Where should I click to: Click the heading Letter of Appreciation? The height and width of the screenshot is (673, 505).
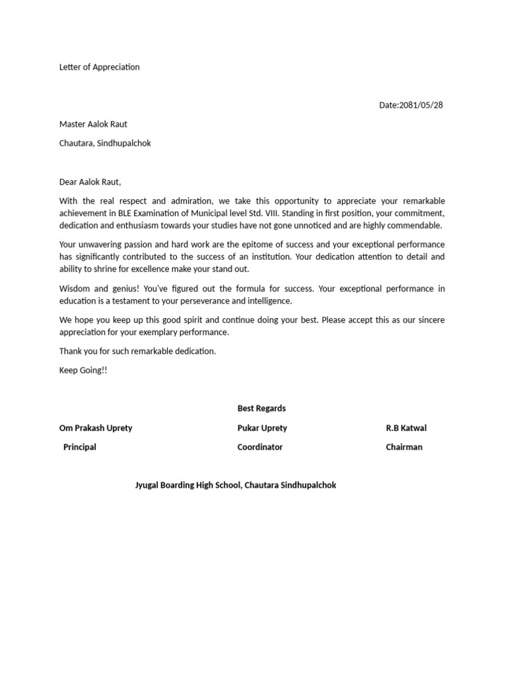pos(99,67)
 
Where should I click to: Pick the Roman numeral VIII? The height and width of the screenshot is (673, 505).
pos(268,213)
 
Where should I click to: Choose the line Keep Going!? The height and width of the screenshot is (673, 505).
pos(83,370)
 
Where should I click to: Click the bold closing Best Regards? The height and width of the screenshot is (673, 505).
pos(261,408)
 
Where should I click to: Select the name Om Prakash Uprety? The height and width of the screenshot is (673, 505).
pos(95,428)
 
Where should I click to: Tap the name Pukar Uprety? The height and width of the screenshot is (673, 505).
pos(262,428)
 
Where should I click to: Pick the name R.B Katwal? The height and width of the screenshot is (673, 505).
pos(406,428)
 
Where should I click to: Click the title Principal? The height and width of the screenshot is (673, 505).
pos(80,447)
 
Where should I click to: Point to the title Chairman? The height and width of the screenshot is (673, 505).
pos(404,447)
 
